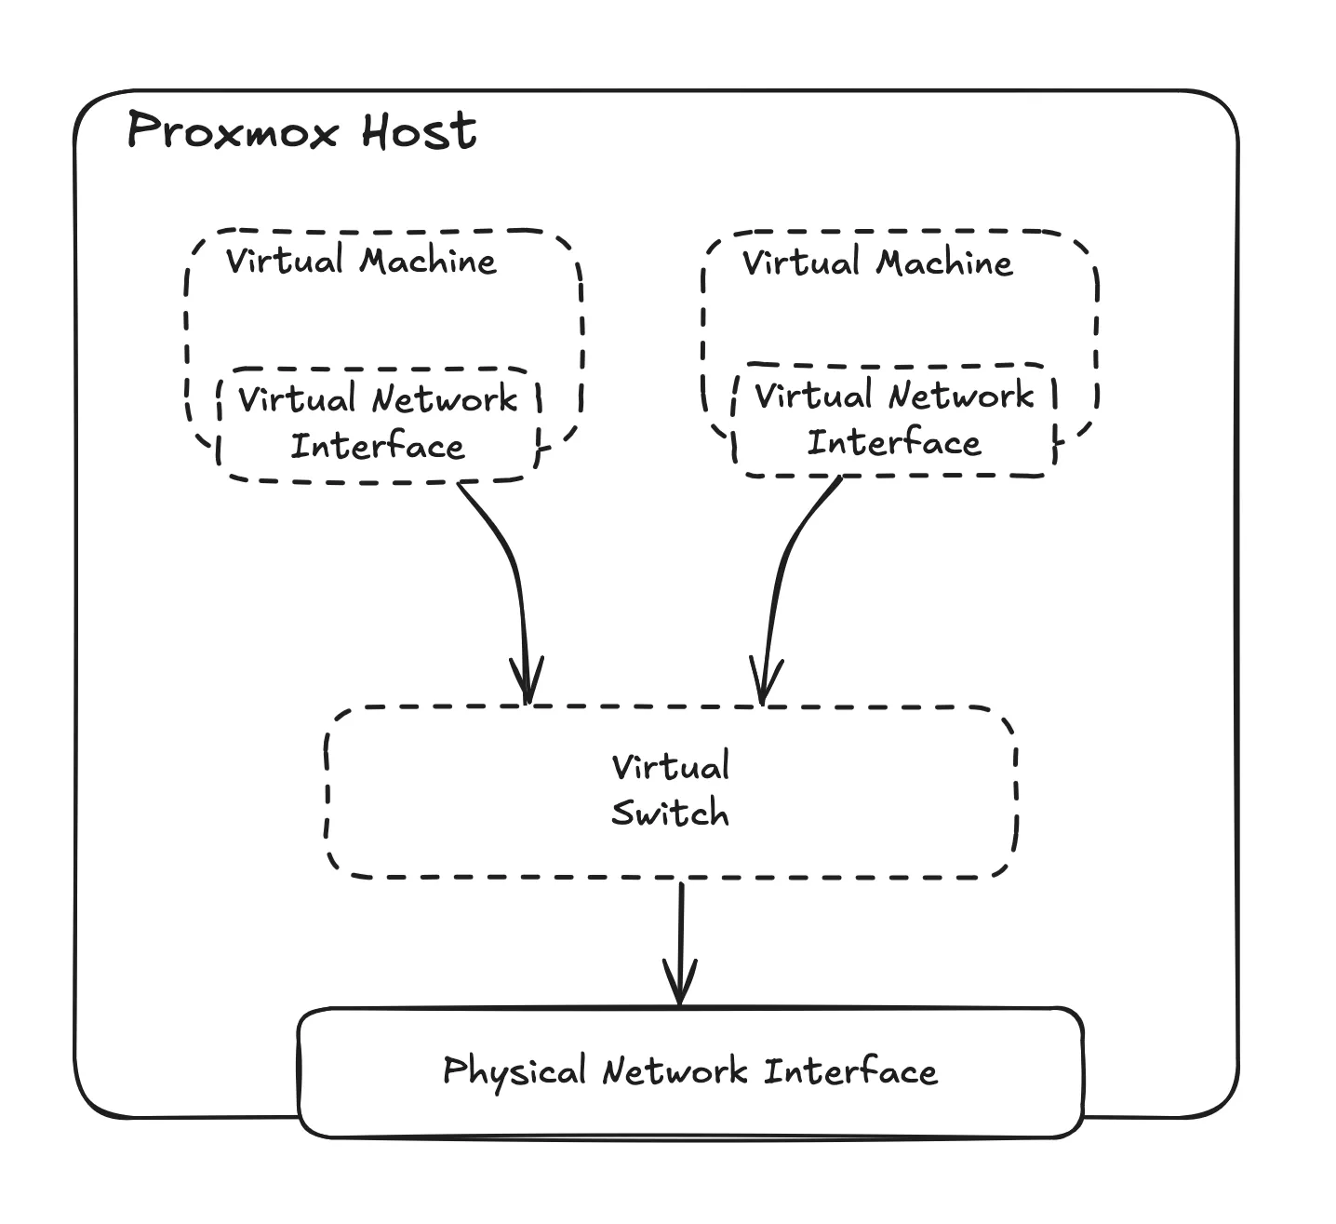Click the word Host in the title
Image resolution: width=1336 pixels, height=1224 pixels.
(419, 130)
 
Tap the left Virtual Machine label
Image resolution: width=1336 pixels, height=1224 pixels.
(361, 261)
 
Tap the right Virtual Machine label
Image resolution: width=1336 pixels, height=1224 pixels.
(876, 263)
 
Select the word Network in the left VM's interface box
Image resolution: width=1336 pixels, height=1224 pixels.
(444, 400)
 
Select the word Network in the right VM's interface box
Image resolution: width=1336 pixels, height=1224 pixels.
(960, 397)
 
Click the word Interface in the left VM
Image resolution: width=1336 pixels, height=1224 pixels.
(378, 447)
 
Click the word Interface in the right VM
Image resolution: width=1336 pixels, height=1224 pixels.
(893, 443)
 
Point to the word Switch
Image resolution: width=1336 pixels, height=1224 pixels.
(670, 814)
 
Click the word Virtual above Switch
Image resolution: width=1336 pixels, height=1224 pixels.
(670, 768)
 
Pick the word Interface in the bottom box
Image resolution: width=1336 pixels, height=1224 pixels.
(850, 1071)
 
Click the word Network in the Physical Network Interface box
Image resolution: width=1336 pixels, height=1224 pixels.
(675, 1071)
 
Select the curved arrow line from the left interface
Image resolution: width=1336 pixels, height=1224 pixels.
(510, 558)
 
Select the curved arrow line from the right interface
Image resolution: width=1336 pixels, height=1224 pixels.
(784, 558)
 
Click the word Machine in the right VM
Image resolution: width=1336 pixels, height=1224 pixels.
(943, 263)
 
